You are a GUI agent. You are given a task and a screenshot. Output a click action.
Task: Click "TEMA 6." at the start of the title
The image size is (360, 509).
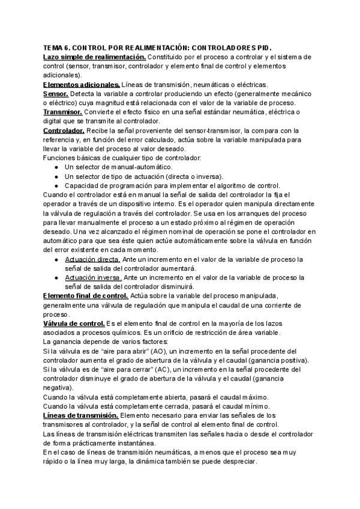click(x=58, y=48)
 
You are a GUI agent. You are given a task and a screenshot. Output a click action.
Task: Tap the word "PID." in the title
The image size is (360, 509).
click(x=263, y=48)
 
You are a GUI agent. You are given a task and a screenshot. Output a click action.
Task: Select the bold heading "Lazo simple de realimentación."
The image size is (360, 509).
click(x=94, y=56)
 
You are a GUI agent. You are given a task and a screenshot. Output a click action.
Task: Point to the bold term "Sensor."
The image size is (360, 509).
click(x=56, y=94)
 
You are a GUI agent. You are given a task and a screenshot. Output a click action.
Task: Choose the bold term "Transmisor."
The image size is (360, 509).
click(x=63, y=112)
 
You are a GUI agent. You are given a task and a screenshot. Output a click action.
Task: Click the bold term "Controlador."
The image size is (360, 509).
click(x=64, y=130)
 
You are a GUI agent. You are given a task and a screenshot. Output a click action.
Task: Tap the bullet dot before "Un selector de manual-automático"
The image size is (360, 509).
click(x=56, y=167)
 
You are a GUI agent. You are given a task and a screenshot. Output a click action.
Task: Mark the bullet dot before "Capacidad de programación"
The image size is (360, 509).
click(x=56, y=185)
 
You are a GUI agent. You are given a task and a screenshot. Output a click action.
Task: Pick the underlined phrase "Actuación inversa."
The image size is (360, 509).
click(x=93, y=277)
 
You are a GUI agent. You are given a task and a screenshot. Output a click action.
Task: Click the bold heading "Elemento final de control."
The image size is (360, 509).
click(x=86, y=296)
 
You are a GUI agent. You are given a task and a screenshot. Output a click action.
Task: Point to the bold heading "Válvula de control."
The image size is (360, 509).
click(x=74, y=324)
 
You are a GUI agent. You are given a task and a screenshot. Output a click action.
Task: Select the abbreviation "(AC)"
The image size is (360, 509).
click(x=157, y=370)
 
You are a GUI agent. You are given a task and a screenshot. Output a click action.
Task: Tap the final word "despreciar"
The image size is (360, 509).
click(x=238, y=462)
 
